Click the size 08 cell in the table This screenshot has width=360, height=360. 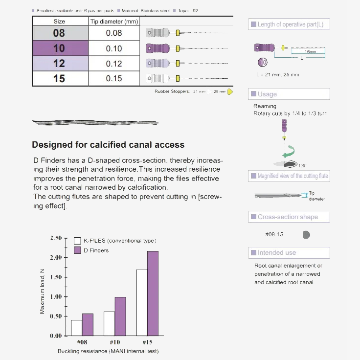point(59,33)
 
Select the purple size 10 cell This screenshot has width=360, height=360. point(59,48)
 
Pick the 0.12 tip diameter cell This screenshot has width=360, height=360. point(114,64)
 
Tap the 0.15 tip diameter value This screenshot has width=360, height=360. point(114,79)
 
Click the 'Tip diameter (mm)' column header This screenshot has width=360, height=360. point(114,22)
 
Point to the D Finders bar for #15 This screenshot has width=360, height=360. point(153,293)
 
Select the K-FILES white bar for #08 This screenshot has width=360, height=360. point(76,328)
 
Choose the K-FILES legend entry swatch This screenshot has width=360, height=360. point(77,241)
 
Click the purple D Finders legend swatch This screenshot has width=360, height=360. point(77,250)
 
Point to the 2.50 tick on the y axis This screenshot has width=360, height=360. point(55,238)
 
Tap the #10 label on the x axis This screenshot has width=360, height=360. point(114,342)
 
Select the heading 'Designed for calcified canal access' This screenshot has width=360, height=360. point(108,145)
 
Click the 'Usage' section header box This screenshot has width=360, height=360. point(289,94)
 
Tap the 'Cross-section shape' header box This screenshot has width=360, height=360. point(289,217)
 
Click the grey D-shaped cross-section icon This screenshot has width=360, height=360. point(306,235)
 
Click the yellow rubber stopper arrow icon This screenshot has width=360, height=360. point(230,91)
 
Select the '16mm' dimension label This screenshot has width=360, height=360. point(310,51)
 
